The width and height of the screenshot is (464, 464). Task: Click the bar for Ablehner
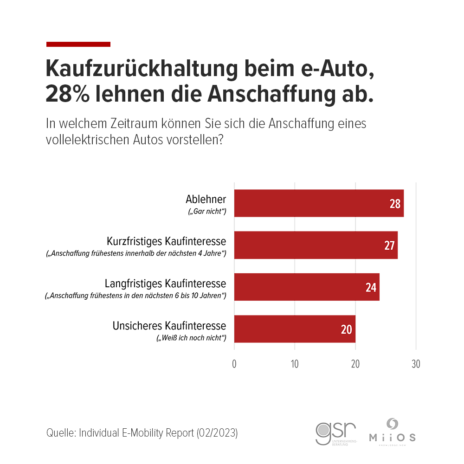(319, 203)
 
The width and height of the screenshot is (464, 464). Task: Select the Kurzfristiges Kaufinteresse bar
(316, 245)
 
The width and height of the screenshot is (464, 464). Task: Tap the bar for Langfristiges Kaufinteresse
(307, 287)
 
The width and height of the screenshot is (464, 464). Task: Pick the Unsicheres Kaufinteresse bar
(295, 329)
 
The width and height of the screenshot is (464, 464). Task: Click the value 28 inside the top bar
(395, 204)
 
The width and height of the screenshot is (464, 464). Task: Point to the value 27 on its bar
(389, 245)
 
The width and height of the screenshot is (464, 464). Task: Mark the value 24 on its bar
(371, 288)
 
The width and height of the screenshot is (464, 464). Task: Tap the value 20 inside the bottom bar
(347, 329)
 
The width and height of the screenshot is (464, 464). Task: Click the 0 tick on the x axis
(234, 364)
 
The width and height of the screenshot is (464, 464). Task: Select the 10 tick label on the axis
(295, 364)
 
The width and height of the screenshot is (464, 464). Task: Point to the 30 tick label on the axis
(416, 364)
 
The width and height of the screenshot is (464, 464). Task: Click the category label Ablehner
(206, 200)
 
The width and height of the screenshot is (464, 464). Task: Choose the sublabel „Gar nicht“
(206, 212)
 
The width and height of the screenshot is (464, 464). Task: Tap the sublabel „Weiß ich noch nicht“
(191, 338)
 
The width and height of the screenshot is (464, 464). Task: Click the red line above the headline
(78, 44)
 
